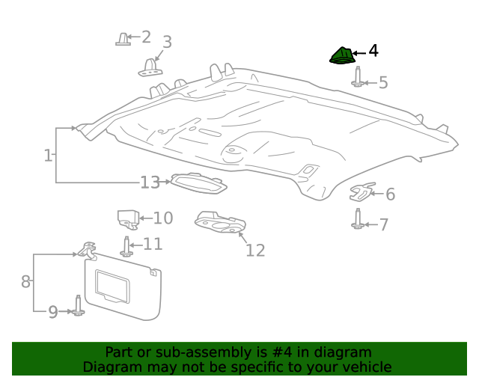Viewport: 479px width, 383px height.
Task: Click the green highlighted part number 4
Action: (x=342, y=56)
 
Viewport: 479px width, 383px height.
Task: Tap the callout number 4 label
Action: (x=373, y=52)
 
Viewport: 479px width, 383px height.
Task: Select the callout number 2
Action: (x=146, y=37)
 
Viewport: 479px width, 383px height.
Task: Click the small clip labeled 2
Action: (x=122, y=39)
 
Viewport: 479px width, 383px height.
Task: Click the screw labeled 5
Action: (x=358, y=78)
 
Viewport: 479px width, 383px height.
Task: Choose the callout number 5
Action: (x=383, y=82)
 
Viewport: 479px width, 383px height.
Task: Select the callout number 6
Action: (x=390, y=195)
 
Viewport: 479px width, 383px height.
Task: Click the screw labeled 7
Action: (x=358, y=219)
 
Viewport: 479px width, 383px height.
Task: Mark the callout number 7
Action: (x=383, y=224)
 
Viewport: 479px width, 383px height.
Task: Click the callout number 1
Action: (x=48, y=156)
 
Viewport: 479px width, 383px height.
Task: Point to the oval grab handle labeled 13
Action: (x=198, y=183)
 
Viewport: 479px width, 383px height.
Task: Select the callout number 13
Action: (x=150, y=183)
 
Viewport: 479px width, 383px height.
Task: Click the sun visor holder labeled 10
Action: (x=127, y=219)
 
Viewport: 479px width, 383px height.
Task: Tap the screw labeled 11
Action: (x=126, y=246)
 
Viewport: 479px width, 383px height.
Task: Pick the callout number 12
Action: (x=255, y=250)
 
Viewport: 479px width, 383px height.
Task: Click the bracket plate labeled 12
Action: (x=220, y=222)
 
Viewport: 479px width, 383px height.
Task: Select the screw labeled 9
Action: (x=78, y=306)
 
